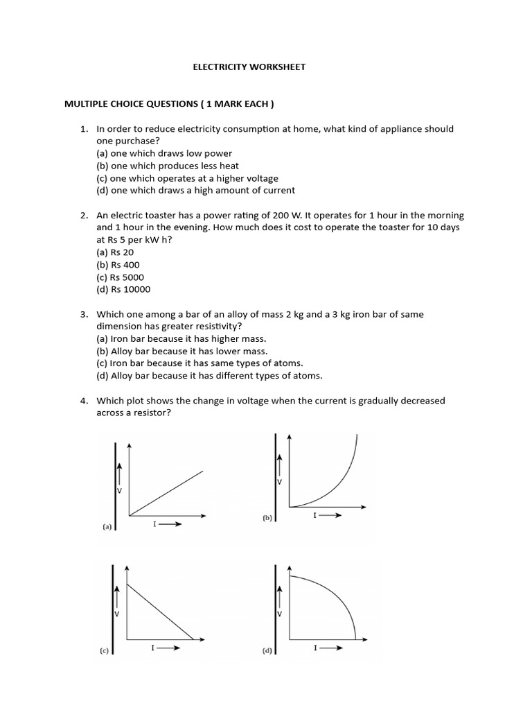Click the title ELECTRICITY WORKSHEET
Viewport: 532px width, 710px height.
coord(248,67)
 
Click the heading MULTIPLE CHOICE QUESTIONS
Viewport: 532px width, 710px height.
coord(169,104)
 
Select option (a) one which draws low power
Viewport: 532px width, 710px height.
coord(164,153)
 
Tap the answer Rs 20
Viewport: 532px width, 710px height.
coord(115,252)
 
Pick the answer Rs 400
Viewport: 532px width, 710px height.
coord(118,265)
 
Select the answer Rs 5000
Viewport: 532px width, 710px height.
coord(120,277)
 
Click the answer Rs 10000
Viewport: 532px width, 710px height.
coord(123,290)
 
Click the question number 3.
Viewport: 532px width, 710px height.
coord(83,315)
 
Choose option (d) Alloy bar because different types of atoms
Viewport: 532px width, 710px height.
coord(209,376)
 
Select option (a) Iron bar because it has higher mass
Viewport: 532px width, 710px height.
coord(181,339)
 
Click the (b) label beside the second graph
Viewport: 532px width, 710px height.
coord(267,517)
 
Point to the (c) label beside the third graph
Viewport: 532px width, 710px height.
coord(104,651)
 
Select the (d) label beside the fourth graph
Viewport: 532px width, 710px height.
coord(267,651)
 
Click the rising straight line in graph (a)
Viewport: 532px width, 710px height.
coord(166,494)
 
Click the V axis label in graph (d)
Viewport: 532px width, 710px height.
coord(279,614)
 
